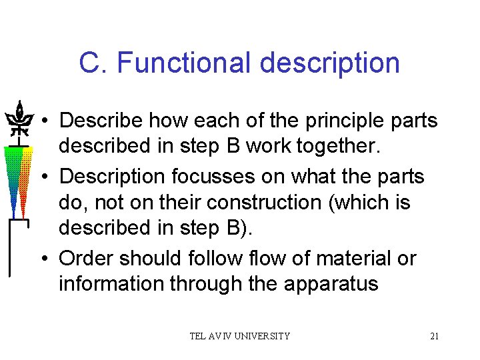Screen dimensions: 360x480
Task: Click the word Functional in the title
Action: click(x=185, y=63)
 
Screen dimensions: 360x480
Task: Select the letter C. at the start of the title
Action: click(x=93, y=63)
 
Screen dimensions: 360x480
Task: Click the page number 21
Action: click(x=434, y=336)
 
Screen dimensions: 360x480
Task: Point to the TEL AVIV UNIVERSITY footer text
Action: click(x=239, y=336)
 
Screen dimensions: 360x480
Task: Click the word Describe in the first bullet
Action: click(x=101, y=121)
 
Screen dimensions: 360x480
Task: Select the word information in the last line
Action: click(x=111, y=283)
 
